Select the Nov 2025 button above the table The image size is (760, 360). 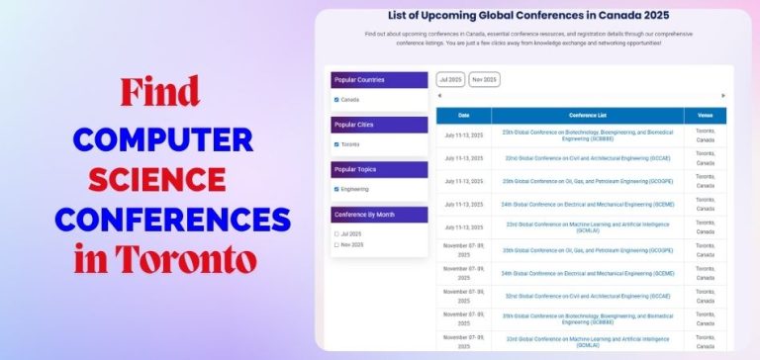(484, 79)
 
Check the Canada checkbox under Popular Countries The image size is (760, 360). (336, 100)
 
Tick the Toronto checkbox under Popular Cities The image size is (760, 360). (336, 144)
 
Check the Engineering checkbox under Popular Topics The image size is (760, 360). (336, 189)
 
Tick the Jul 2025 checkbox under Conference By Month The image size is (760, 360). (336, 233)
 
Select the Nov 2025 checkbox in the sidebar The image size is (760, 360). (336, 244)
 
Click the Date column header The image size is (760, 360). (463, 116)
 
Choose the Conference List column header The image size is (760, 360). (587, 116)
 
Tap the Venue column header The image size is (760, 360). (705, 116)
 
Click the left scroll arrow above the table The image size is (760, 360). (439, 96)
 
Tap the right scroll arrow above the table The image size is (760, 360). (723, 96)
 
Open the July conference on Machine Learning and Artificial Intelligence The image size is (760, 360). (587, 226)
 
